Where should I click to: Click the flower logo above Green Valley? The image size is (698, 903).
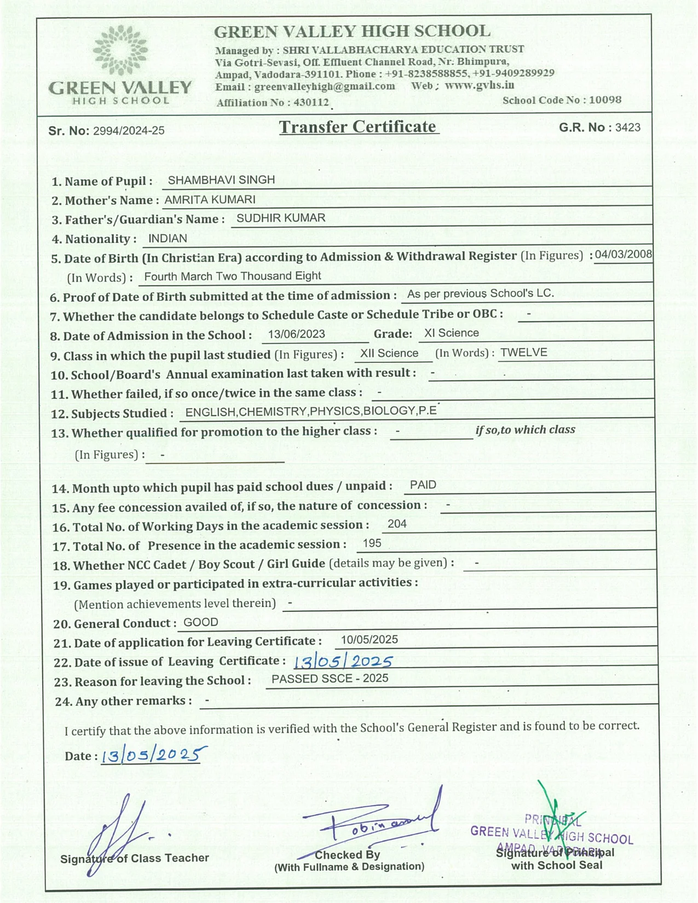pyautogui.click(x=120, y=50)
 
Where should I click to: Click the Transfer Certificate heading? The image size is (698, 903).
pyautogui.click(x=358, y=127)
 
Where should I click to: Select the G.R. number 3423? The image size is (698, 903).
pyautogui.click(x=627, y=128)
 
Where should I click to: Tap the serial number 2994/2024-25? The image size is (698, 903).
pyautogui.click(x=129, y=131)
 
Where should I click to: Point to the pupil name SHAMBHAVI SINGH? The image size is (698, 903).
pyautogui.click(x=221, y=180)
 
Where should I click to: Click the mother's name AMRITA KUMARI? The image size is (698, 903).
pyautogui.click(x=210, y=200)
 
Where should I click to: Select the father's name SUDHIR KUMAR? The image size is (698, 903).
pyautogui.click(x=281, y=218)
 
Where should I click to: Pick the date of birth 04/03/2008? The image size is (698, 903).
pyautogui.click(x=624, y=254)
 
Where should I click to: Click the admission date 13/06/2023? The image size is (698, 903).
pyautogui.click(x=297, y=334)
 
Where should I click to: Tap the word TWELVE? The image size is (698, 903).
pyautogui.click(x=523, y=352)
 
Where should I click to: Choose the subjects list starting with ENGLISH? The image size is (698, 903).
pyautogui.click(x=311, y=411)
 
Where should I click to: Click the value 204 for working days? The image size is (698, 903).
pyautogui.click(x=397, y=524)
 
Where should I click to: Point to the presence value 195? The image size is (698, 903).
pyautogui.click(x=372, y=543)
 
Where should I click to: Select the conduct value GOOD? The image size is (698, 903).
pyautogui.click(x=201, y=622)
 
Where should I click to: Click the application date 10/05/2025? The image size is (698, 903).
pyautogui.click(x=369, y=640)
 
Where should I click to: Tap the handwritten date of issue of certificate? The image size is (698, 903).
pyautogui.click(x=343, y=662)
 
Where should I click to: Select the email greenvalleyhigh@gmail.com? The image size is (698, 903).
pyautogui.click(x=325, y=86)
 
